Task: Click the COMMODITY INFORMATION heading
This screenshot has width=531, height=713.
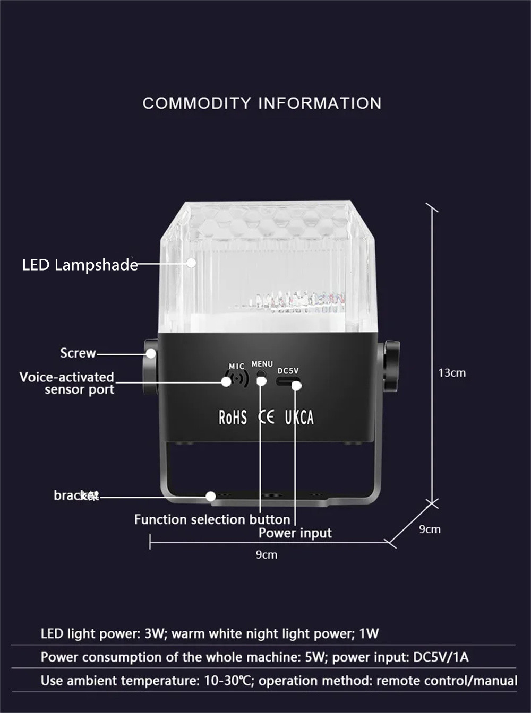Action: tap(262, 103)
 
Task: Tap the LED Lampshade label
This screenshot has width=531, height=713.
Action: tap(80, 265)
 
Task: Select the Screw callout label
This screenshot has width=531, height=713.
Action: tap(78, 353)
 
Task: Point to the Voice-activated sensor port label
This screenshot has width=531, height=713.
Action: tap(67, 383)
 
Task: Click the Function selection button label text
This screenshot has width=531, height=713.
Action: tap(212, 519)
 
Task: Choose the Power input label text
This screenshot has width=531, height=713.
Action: tap(295, 533)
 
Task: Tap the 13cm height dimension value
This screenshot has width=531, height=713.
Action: tap(452, 373)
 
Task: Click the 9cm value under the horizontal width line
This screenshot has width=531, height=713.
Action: tap(267, 555)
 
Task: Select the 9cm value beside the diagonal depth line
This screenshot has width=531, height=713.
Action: tap(430, 529)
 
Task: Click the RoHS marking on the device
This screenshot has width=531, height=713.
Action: tap(233, 418)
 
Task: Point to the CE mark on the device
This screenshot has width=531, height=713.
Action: tap(266, 417)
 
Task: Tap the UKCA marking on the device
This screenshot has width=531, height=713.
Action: tap(299, 418)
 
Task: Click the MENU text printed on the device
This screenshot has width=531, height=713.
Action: tap(262, 364)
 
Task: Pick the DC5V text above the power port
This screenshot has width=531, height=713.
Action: tap(288, 370)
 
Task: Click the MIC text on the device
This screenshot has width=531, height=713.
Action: tap(236, 366)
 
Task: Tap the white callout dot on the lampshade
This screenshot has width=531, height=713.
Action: tap(191, 263)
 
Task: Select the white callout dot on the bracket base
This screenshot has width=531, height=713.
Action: tap(211, 497)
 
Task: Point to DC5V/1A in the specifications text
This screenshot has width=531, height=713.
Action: tap(441, 657)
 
